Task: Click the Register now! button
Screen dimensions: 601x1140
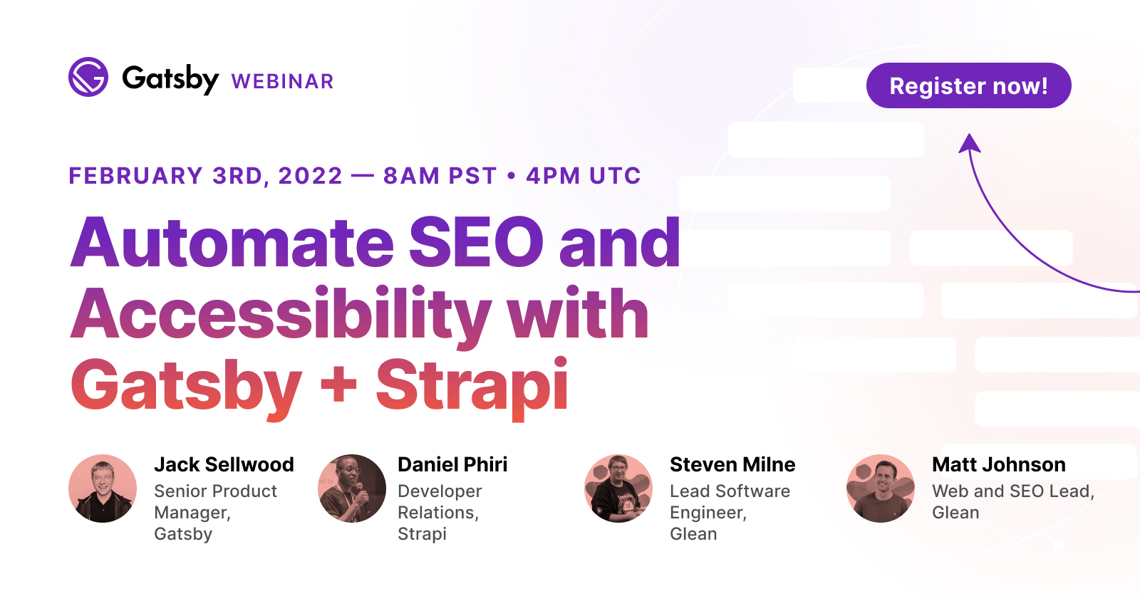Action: point(968,85)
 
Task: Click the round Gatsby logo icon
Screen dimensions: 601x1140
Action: point(88,77)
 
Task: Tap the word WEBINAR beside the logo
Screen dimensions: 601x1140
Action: point(282,82)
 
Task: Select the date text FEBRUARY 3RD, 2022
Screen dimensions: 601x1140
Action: point(205,176)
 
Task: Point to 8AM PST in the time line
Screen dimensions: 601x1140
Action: point(440,176)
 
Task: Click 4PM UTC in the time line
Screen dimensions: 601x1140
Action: point(584,176)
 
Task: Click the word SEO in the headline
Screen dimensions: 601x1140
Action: point(476,243)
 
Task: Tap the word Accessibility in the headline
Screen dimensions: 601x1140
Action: point(281,314)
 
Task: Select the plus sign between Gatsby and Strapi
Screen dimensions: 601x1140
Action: point(338,385)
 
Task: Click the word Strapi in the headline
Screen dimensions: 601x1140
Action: point(472,385)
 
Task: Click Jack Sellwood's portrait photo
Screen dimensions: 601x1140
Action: point(103,488)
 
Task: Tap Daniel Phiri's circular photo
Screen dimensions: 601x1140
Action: point(352,488)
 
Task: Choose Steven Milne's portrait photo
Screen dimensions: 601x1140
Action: point(618,488)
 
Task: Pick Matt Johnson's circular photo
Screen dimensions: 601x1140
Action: point(881,488)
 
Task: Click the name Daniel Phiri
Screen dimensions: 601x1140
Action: point(452,464)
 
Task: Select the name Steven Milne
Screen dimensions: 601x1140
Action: point(732,464)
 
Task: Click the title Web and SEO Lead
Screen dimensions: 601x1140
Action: point(1012,491)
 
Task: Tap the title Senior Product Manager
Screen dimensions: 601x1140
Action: point(215,502)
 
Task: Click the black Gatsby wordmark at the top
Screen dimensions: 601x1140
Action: point(170,78)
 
